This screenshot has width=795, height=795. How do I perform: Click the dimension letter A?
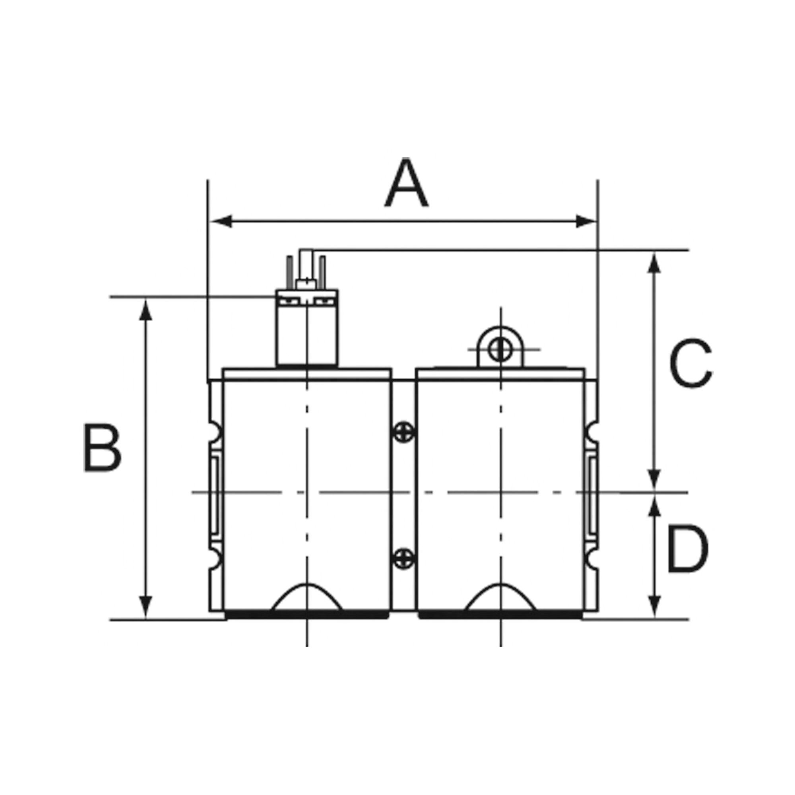[x=406, y=182]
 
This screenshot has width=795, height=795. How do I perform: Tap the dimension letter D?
[x=688, y=549]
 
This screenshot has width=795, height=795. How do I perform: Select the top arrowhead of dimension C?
[x=654, y=264]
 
